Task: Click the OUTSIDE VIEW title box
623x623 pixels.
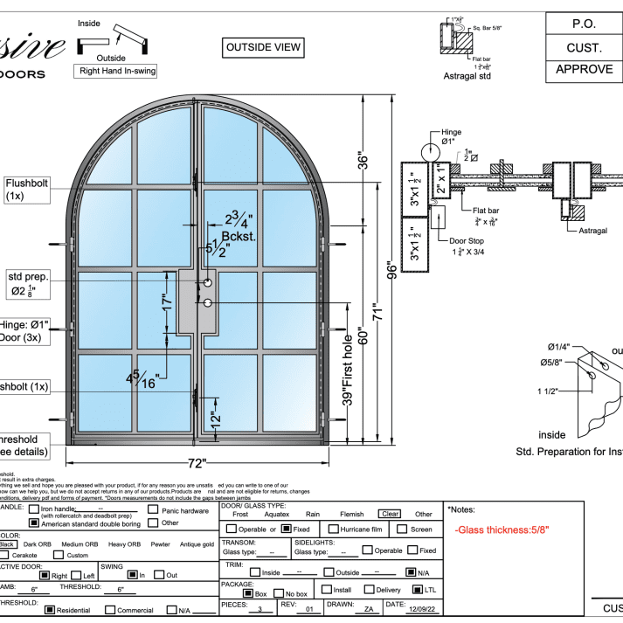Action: tap(263, 46)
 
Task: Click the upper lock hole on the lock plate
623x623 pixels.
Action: tap(208, 283)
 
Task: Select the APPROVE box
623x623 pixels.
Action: tap(585, 70)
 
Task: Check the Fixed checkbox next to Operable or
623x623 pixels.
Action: tap(286, 529)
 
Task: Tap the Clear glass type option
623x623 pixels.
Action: tap(389, 515)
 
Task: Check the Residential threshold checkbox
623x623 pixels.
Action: tap(50, 610)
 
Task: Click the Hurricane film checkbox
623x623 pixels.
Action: tap(333, 529)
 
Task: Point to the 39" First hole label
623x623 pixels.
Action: tap(349, 370)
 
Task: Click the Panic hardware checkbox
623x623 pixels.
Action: tap(154, 509)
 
